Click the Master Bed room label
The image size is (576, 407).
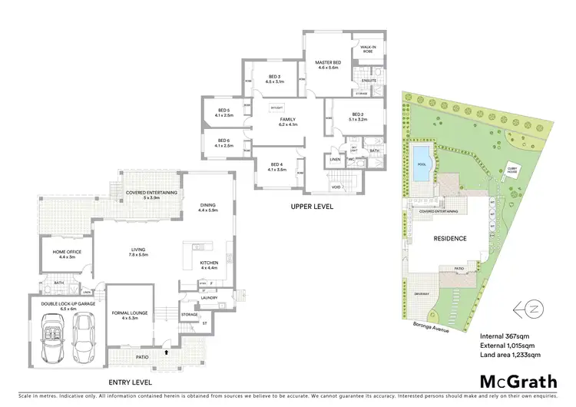[x=326, y=64]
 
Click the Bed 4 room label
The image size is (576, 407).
[x=277, y=166]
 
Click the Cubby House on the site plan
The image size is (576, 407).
[x=511, y=172]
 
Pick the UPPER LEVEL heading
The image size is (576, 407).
[x=311, y=207]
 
